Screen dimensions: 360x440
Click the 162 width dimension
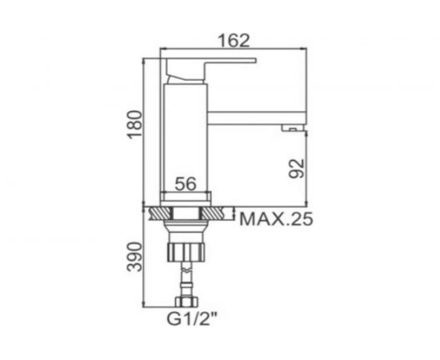point(234,40)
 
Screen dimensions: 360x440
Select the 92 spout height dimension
point(297,168)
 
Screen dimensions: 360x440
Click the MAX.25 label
point(276,218)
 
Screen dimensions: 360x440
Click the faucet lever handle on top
point(211,64)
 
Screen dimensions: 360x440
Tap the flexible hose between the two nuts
point(186,280)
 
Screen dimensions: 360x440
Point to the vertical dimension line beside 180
point(143,128)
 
